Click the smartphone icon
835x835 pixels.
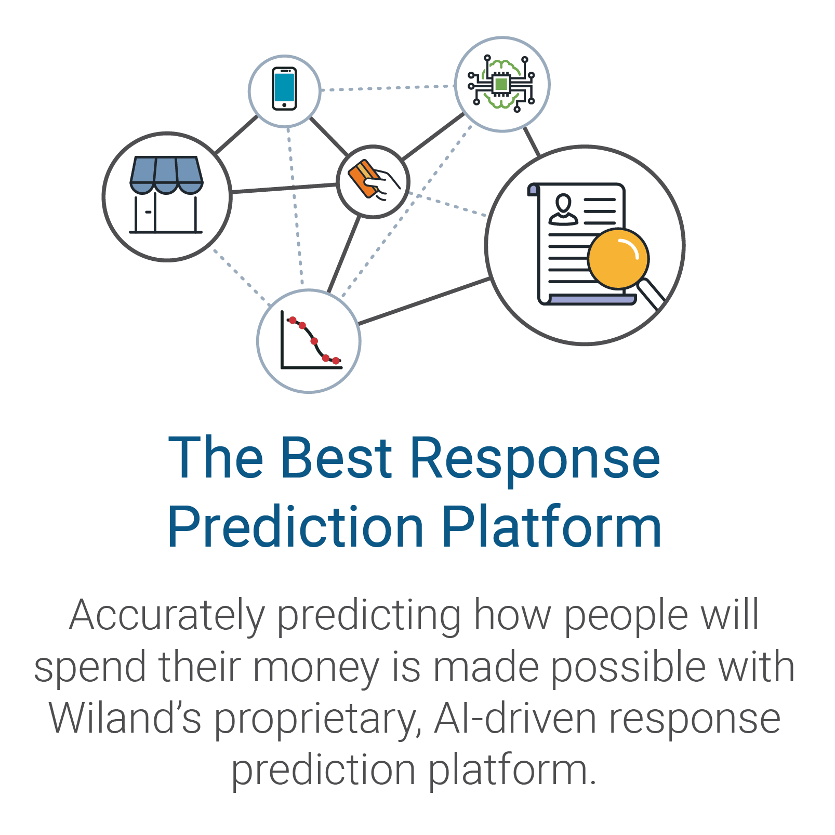[284, 89]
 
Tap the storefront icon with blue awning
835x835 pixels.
[166, 195]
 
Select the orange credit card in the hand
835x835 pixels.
[364, 178]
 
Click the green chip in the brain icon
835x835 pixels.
[501, 84]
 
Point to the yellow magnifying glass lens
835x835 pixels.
[618, 258]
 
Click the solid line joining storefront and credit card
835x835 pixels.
[284, 188]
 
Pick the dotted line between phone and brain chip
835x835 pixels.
[388, 88]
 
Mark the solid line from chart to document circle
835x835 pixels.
[425, 301]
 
